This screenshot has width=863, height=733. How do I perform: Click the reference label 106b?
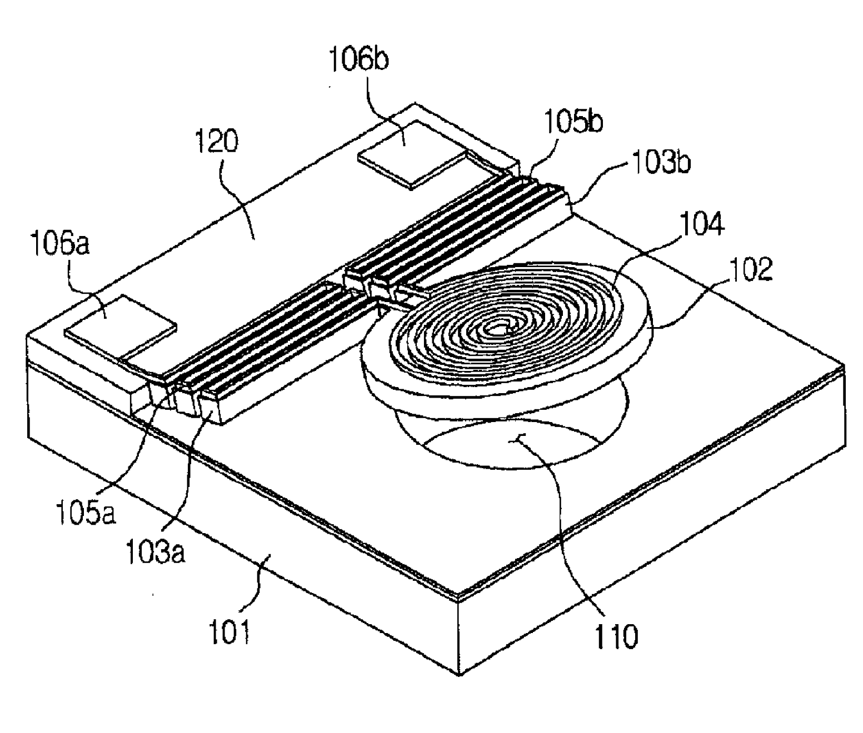click(x=358, y=60)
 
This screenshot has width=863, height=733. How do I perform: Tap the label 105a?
click(x=86, y=514)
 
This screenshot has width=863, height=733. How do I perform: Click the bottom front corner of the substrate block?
click(x=458, y=674)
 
